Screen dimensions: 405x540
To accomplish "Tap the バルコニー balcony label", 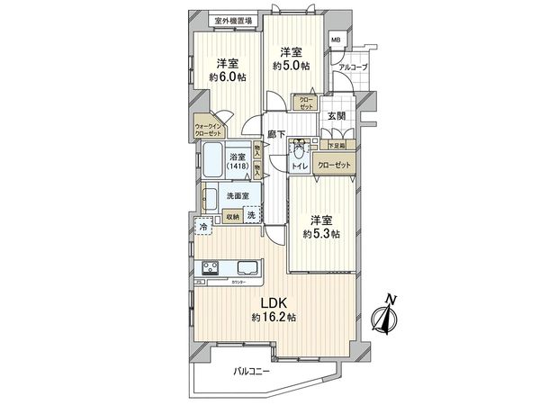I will (253, 371).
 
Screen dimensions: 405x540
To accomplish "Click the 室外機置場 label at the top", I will (233, 20).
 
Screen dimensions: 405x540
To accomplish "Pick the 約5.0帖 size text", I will (292, 66).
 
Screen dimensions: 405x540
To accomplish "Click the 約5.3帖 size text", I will (321, 233).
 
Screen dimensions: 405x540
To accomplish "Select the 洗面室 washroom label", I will (238, 195).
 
